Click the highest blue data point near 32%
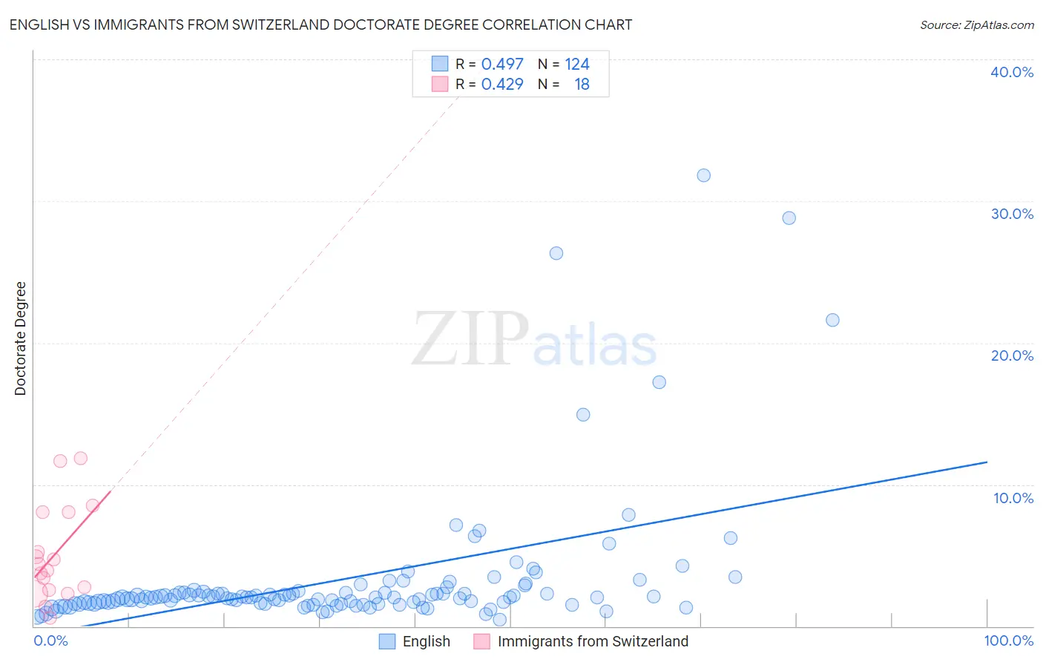703,175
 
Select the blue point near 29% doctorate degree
789,218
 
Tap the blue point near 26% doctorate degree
556,253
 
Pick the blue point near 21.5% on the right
832,320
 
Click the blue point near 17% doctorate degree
659,382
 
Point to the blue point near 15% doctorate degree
583,415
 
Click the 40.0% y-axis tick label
1012,72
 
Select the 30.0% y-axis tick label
1012,214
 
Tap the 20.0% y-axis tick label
1012,355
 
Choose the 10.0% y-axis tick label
1013,498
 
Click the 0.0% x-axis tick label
51,641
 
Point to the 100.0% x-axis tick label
1008,641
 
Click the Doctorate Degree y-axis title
21,338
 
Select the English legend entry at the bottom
426,642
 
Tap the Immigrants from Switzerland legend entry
593,642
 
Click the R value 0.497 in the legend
502,65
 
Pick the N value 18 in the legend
582,85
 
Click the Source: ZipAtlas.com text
976,25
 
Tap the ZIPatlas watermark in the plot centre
534,341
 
